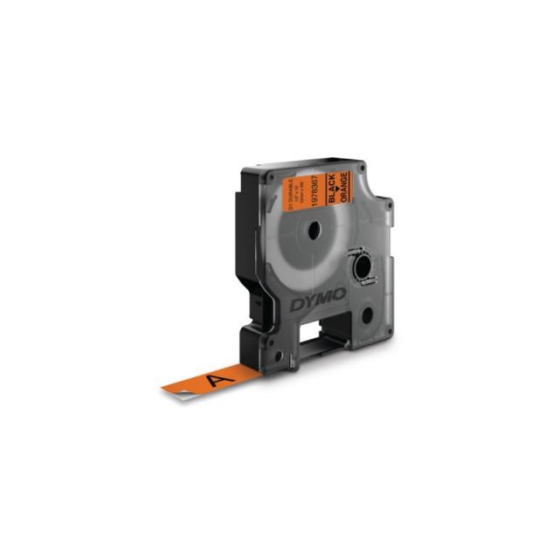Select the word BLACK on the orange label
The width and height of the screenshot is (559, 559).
pos(332,189)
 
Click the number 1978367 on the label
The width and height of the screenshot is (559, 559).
pos(316,188)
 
